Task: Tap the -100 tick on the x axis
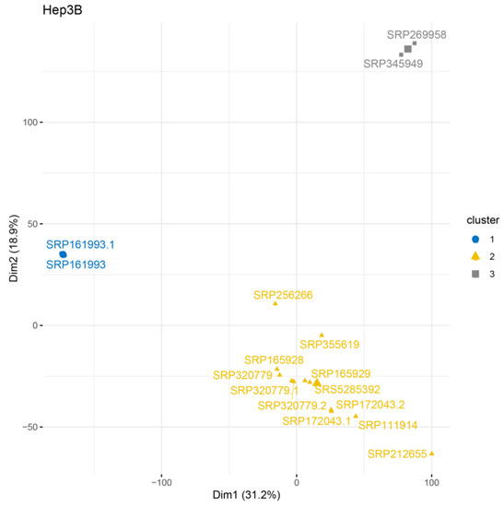[161, 480]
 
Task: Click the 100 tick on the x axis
[431, 480]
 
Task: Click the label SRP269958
[416, 34]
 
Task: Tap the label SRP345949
[393, 65]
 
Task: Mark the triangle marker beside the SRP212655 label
[431, 454]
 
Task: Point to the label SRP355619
[328, 345]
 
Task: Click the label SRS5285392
[347, 390]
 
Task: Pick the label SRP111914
[388, 425]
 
